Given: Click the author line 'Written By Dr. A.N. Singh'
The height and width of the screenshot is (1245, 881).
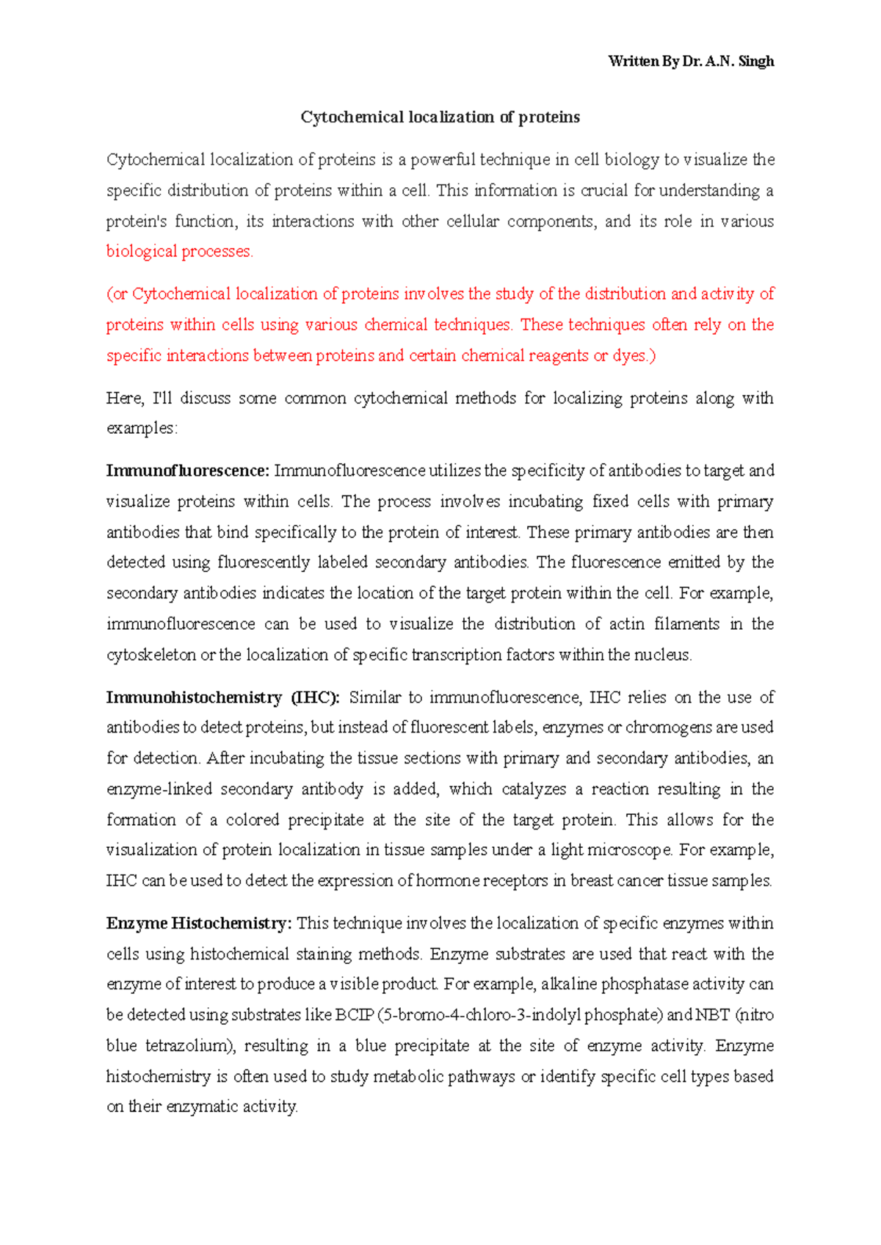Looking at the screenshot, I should [x=691, y=62].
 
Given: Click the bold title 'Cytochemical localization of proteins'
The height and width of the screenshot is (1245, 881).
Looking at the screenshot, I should [x=440, y=117].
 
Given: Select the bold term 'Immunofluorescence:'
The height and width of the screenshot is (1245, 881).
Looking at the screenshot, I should [x=188, y=471].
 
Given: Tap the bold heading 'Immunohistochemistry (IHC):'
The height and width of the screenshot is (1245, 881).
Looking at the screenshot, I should [x=222, y=697].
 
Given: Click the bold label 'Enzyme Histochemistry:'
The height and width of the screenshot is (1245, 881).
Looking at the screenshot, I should [x=199, y=923].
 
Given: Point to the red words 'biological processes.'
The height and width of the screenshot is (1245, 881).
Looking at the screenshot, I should [x=179, y=252].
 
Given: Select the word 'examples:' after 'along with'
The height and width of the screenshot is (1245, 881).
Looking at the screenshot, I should [x=142, y=429].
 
